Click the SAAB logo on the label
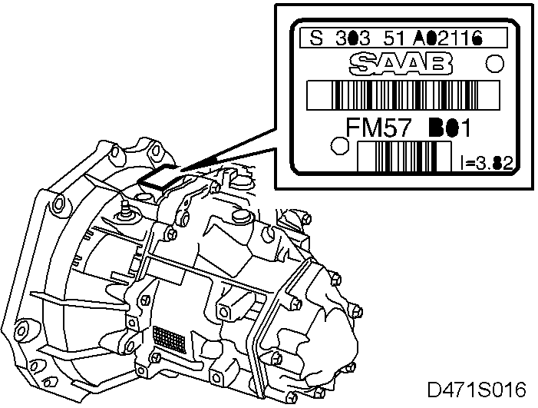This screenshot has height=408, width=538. coord(399,63)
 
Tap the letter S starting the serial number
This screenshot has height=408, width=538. coord(314,38)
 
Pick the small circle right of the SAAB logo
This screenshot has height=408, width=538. coord(496,62)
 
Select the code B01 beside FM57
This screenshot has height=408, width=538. coord(447,127)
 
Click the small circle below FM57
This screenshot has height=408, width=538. coord(336,145)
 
